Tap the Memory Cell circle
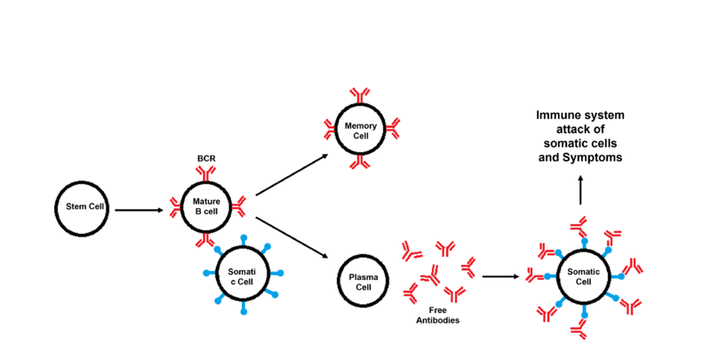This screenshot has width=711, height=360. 359,130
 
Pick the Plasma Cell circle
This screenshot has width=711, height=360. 362,282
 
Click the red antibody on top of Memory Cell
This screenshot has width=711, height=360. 359,96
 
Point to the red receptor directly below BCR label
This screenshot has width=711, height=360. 205,176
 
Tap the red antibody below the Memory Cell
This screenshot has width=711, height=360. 359,164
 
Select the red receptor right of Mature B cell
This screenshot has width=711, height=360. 238,208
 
